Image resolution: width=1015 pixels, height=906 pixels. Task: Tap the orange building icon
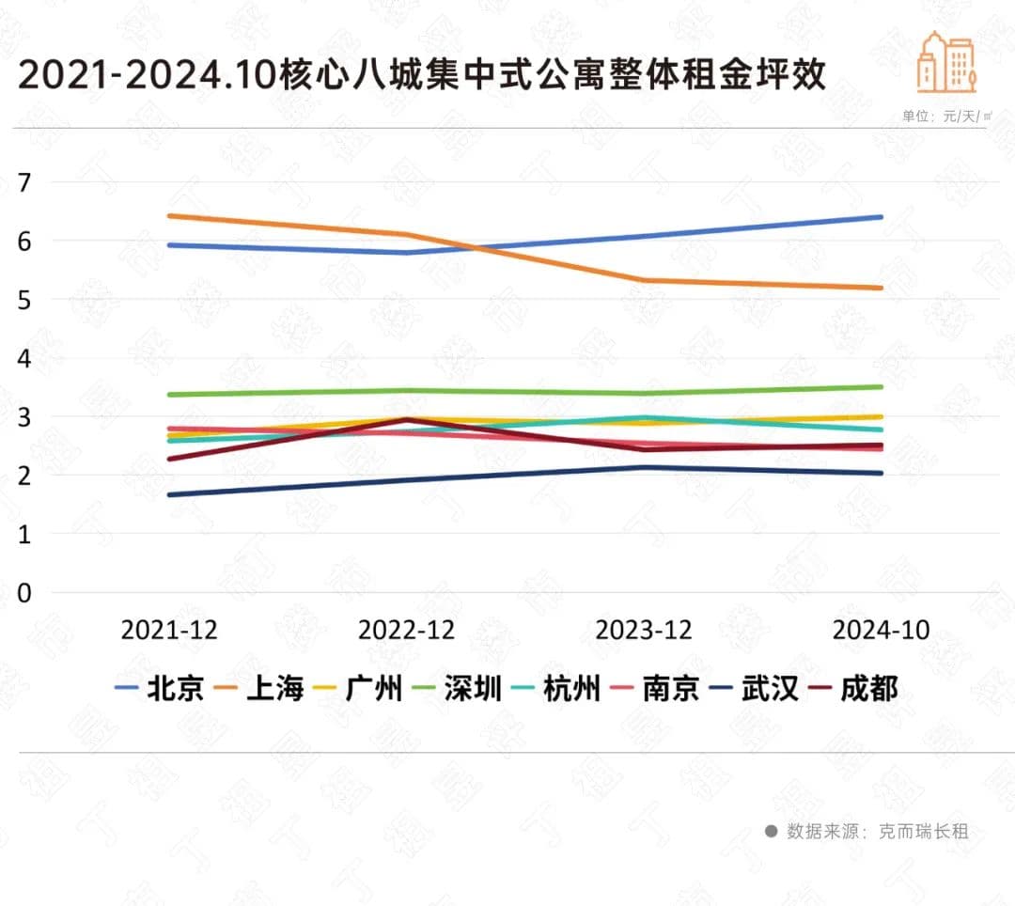(x=946, y=63)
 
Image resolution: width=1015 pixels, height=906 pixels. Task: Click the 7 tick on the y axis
(x=24, y=182)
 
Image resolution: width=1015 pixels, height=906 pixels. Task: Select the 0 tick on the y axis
(x=24, y=593)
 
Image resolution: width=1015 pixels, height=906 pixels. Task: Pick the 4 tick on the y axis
(x=24, y=358)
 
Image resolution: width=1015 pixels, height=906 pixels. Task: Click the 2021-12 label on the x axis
(x=169, y=630)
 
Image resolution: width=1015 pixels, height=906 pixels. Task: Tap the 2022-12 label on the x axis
(x=406, y=630)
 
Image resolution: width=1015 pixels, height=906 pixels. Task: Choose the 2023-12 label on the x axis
(x=644, y=630)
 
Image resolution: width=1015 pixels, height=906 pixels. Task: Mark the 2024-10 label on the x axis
(x=881, y=630)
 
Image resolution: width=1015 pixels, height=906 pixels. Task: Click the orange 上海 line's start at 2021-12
(x=169, y=216)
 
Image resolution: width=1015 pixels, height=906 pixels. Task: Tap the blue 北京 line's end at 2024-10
(x=881, y=217)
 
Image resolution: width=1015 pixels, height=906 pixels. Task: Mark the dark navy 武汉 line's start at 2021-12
(x=169, y=494)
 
